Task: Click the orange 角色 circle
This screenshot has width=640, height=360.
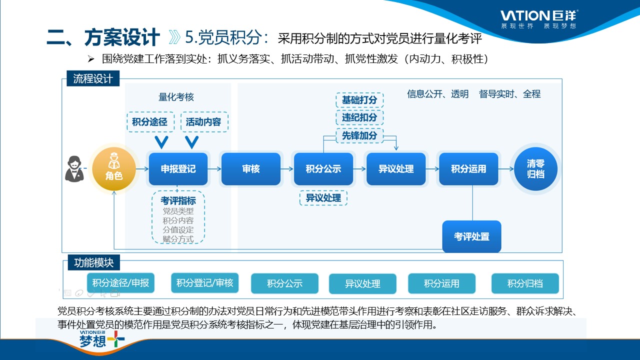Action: tap(114, 169)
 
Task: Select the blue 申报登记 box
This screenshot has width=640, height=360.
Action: tap(178, 169)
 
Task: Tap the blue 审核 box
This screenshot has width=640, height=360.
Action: tap(250, 169)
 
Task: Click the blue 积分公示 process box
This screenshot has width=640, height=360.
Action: tap(323, 169)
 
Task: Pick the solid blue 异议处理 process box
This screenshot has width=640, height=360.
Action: tap(396, 169)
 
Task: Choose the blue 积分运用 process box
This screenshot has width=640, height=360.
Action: tap(468, 169)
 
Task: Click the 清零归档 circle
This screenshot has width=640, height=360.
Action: tap(535, 169)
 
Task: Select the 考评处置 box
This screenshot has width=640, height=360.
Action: tap(471, 236)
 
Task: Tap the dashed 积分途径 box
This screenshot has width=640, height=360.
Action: tap(150, 121)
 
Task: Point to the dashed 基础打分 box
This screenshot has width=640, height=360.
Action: tap(359, 100)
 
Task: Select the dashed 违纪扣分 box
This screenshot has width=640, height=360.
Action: tap(359, 117)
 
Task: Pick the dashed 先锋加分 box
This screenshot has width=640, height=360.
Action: tap(359, 135)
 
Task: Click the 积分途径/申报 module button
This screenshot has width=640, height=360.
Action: tap(120, 283)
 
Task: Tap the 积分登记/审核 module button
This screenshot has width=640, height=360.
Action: tap(204, 283)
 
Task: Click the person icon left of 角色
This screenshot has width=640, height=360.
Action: tap(74, 169)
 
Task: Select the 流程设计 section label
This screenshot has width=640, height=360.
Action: tap(93, 79)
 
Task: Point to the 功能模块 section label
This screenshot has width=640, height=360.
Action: tap(94, 262)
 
